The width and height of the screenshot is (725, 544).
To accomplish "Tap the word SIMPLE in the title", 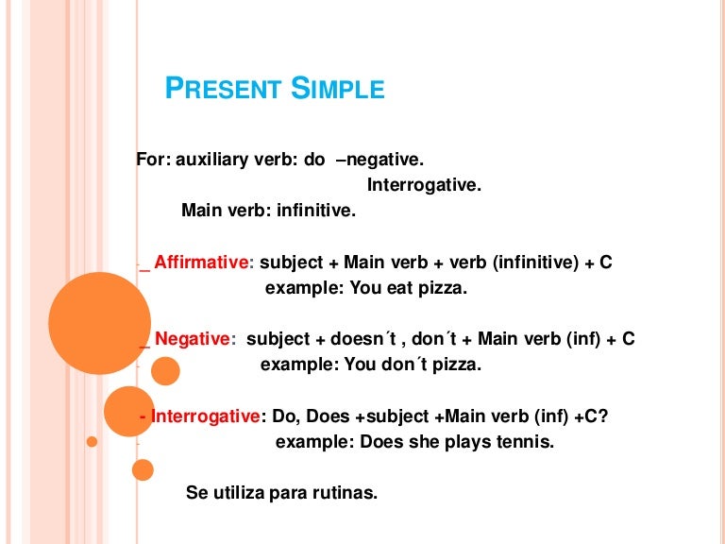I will click(x=337, y=89).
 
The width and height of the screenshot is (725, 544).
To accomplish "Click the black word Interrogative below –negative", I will click(x=424, y=185).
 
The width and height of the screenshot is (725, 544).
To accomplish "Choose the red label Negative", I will click(x=192, y=338).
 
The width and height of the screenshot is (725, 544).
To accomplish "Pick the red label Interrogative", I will click(x=206, y=416).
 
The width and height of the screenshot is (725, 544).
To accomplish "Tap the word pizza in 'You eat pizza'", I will click(x=442, y=288).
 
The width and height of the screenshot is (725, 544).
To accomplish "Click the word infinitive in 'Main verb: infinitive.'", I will click(x=316, y=211).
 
